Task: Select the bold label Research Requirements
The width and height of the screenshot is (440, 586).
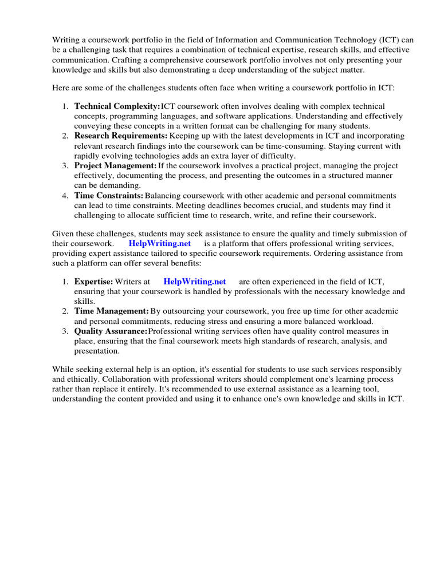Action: (x=121, y=136)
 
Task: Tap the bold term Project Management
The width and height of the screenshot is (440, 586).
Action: (x=115, y=165)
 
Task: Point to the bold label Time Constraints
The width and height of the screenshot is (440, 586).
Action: (x=108, y=196)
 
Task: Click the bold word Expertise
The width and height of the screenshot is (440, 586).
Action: (x=93, y=282)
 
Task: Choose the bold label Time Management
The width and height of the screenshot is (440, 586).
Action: (x=112, y=311)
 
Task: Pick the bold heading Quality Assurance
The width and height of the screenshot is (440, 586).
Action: (x=111, y=331)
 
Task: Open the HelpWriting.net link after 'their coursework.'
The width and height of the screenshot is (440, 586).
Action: (x=160, y=243)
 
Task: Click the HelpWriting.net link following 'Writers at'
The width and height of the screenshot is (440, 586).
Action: (x=195, y=282)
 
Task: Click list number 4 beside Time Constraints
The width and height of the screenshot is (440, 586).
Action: (x=65, y=196)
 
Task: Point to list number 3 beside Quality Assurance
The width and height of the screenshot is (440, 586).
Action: (x=65, y=331)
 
